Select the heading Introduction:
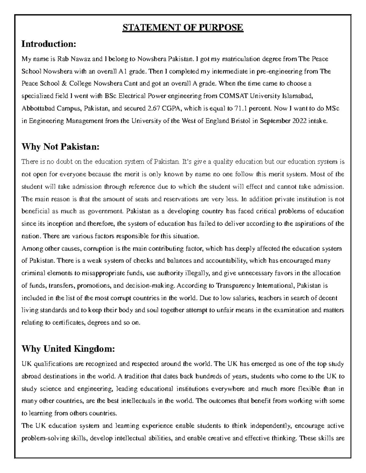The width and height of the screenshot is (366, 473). pos(48,44)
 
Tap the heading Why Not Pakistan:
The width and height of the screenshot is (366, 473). pos(60,147)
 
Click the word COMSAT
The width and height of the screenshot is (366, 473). pos(234,96)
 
